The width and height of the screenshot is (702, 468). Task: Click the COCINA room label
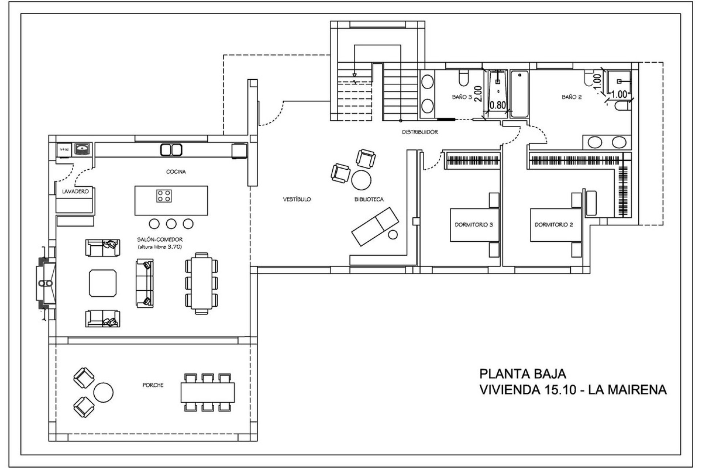(x=176, y=171)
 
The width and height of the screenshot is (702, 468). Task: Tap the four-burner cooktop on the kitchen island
(x=164, y=196)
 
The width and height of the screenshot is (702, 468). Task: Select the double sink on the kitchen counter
(x=171, y=150)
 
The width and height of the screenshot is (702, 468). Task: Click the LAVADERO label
(x=75, y=191)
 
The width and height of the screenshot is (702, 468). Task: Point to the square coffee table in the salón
(x=103, y=283)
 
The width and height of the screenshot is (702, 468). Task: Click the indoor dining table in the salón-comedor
(x=201, y=283)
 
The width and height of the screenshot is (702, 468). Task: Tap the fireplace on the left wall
(x=46, y=283)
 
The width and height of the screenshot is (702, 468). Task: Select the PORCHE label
(x=153, y=385)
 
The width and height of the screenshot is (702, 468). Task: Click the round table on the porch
(x=103, y=392)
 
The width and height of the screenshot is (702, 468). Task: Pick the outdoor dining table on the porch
(x=208, y=392)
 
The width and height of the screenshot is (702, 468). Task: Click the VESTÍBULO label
(x=297, y=199)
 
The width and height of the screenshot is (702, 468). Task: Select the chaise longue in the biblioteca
(x=375, y=227)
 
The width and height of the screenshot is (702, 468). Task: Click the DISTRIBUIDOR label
(x=420, y=132)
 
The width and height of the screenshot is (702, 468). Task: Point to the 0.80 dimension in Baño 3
(x=498, y=105)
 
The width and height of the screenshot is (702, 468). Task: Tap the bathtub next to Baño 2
(x=520, y=94)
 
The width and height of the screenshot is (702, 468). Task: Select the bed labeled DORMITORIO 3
(x=475, y=225)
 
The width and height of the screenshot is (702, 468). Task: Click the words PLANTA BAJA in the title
(x=522, y=374)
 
